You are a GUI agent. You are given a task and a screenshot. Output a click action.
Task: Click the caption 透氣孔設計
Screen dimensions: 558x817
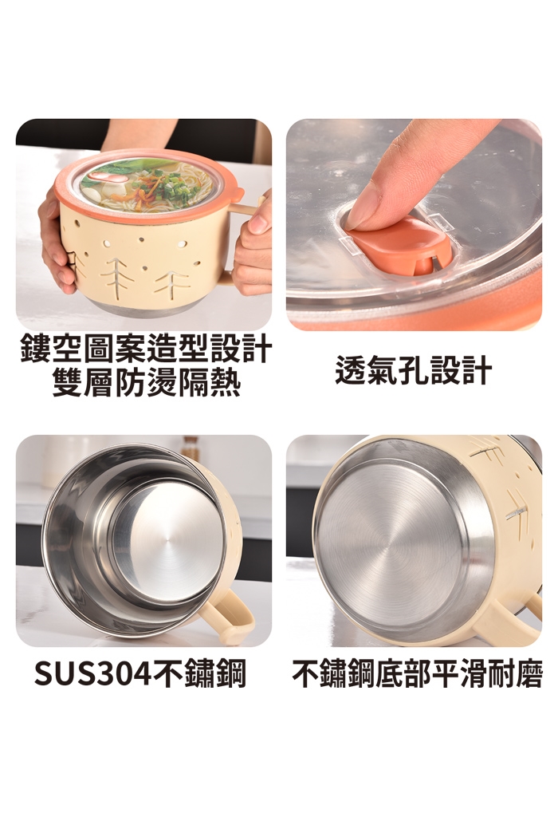414,370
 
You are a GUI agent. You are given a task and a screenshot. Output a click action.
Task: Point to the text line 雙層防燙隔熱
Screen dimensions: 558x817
146,382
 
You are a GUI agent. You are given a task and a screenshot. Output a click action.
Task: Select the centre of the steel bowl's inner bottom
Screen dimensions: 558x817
167,543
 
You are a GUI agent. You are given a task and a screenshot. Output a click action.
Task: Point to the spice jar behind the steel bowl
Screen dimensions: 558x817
191,447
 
